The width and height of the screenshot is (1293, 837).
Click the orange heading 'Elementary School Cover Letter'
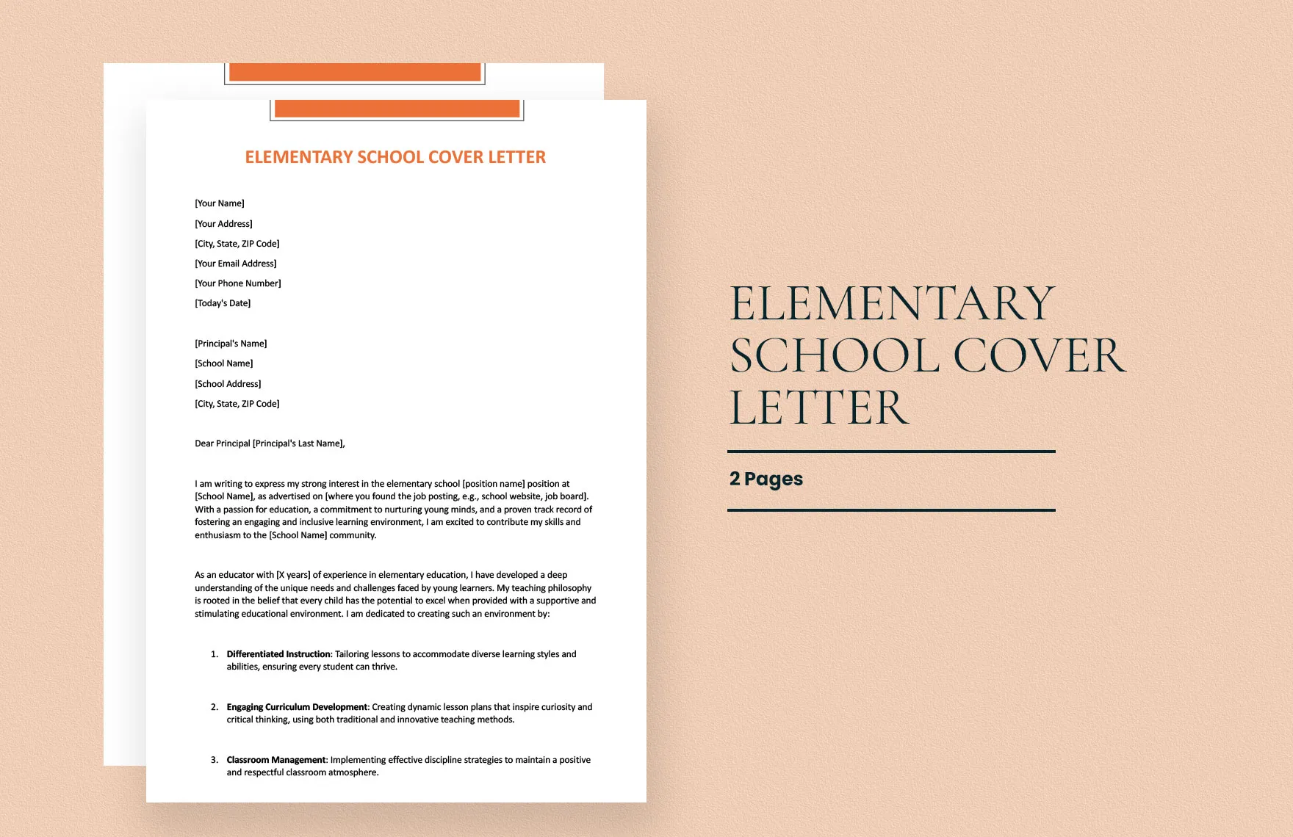coord(395,157)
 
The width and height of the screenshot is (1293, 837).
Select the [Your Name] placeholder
coord(220,203)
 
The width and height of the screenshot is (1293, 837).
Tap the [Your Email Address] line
coord(236,264)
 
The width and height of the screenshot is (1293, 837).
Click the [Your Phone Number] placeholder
coord(238,283)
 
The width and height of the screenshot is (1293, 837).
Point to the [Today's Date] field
coord(223,303)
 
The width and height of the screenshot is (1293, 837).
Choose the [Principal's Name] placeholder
coord(231,344)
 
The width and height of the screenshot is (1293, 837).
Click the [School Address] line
coord(228,384)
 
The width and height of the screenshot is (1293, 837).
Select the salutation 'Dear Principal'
coord(223,443)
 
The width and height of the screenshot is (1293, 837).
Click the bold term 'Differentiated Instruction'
coord(278,654)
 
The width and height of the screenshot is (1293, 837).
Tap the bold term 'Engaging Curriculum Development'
coord(297,707)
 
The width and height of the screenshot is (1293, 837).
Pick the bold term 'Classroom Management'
coord(276,760)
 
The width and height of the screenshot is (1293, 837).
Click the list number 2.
coord(215,707)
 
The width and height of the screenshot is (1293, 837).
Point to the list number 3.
coord(215,760)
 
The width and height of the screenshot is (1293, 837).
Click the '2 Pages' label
coord(766,479)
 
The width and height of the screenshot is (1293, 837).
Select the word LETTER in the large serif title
coord(819,408)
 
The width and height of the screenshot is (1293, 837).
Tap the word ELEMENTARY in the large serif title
coord(892,303)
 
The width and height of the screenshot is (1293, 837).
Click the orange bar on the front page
coord(397,109)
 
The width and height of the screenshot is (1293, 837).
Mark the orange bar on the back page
coord(355,72)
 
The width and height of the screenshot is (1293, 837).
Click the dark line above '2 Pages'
coord(891,452)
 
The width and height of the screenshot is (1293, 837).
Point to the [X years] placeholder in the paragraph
coord(293,575)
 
